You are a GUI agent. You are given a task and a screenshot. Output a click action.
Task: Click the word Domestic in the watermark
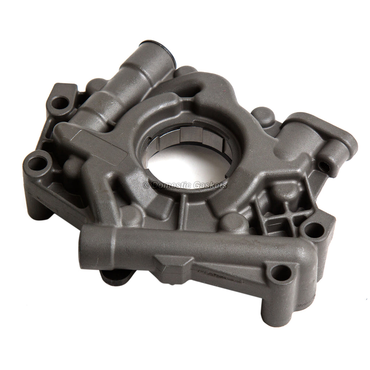(172, 185)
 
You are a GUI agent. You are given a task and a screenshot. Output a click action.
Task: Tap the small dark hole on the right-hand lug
(324, 167)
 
